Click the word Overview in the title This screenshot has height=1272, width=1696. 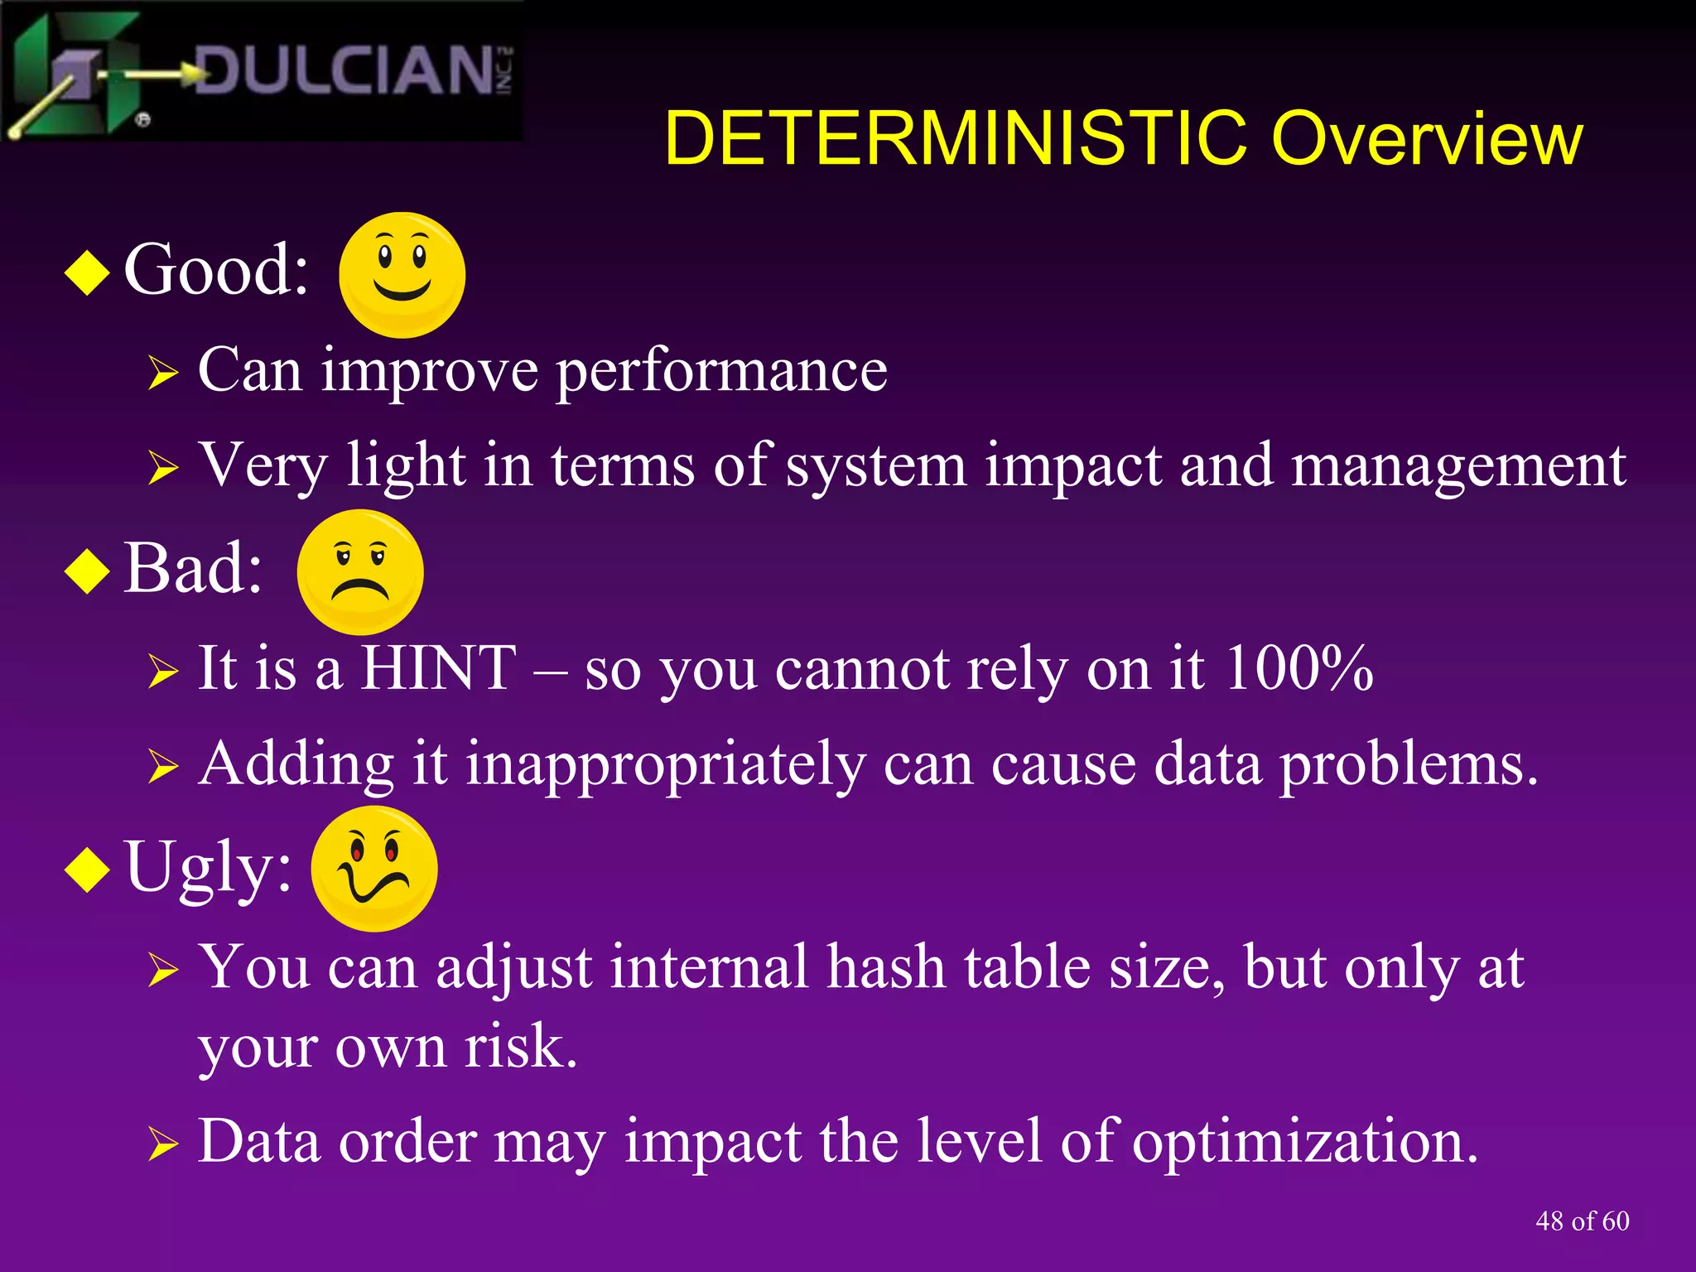point(1426,138)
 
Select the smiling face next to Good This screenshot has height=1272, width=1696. point(402,274)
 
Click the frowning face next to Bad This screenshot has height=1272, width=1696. point(360,571)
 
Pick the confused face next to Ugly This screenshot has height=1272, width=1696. point(374,868)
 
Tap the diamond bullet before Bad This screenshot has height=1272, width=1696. point(87,571)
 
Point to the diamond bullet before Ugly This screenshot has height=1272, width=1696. point(87,870)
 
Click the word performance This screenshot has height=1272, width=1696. point(721,371)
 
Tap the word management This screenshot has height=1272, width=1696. point(1458,465)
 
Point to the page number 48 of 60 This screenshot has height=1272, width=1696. point(1582,1221)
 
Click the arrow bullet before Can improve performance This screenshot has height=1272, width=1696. point(163,373)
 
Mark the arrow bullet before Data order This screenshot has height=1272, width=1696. point(163,1144)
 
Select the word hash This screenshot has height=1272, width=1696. point(886,967)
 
